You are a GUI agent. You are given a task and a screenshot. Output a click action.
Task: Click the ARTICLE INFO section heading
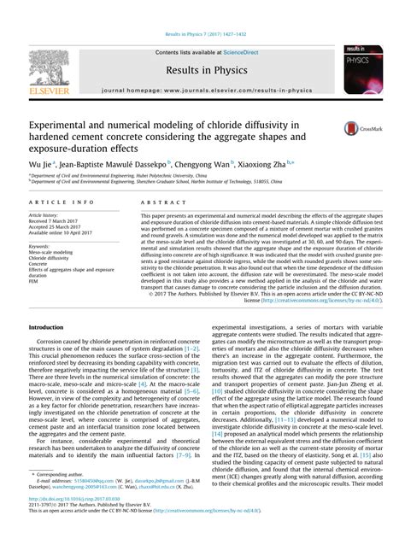[x=57, y=202]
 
